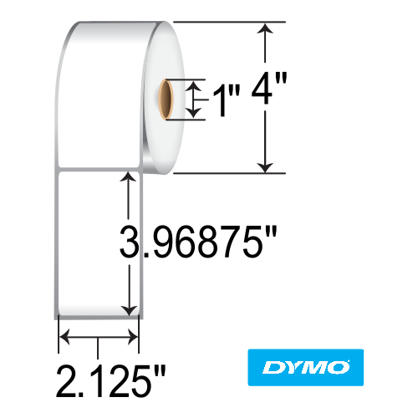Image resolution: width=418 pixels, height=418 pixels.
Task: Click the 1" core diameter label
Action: click(x=219, y=100)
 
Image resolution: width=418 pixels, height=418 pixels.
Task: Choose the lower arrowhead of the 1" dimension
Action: click(x=195, y=113)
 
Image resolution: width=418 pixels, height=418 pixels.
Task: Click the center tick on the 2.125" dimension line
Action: click(x=99, y=338)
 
